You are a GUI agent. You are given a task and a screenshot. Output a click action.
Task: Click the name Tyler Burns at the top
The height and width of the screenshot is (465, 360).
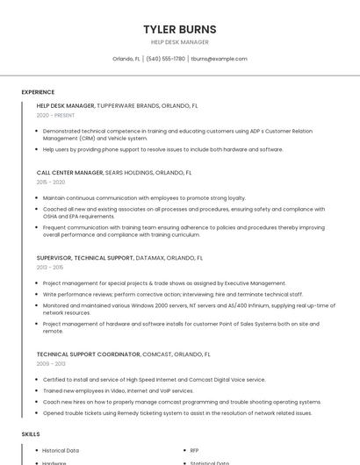pyautogui.click(x=179, y=29)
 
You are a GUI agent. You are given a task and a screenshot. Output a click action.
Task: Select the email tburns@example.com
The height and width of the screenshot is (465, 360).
pyautogui.click(x=219, y=59)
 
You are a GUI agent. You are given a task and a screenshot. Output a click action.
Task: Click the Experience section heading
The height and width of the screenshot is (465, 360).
pyautogui.click(x=38, y=92)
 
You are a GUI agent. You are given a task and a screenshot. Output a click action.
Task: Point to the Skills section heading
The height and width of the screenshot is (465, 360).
pyautogui.click(x=31, y=434)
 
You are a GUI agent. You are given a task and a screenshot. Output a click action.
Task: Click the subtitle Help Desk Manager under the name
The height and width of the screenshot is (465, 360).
pyautogui.click(x=179, y=42)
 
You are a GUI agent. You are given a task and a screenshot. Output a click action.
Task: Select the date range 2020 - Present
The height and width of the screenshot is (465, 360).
pyautogui.click(x=55, y=115)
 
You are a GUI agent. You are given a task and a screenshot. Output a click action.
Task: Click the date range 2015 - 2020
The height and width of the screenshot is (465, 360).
pyautogui.click(x=51, y=182)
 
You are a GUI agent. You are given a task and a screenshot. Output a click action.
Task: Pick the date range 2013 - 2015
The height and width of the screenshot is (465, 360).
pyautogui.click(x=50, y=267)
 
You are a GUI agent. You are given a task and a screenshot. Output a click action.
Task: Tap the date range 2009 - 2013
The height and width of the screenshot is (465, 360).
pyautogui.click(x=51, y=363)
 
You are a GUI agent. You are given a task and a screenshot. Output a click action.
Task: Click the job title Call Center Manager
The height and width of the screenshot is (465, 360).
pyautogui.click(x=70, y=173)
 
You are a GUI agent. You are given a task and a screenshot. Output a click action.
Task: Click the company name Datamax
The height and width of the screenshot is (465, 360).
pyautogui.click(x=149, y=258)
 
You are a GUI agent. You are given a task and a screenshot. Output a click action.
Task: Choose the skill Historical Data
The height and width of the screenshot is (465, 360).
pyautogui.click(x=61, y=450)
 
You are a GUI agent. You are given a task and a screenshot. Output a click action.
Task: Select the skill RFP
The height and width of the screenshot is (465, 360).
pyautogui.click(x=194, y=450)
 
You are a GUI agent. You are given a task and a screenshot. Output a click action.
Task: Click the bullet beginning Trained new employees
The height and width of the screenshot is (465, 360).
pyautogui.click(x=118, y=390)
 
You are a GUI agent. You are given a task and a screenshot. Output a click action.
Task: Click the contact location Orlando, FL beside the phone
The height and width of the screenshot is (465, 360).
pyautogui.click(x=126, y=59)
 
